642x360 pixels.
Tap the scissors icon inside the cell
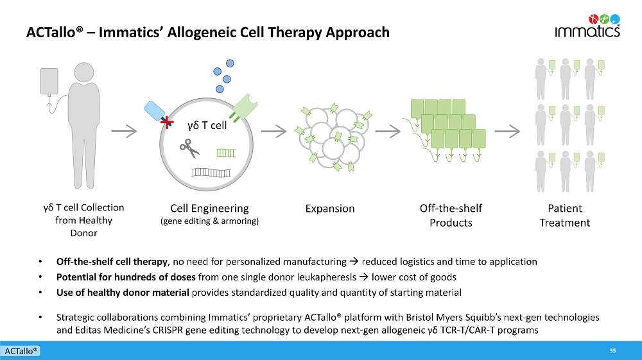(189, 149)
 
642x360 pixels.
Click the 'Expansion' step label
(330, 209)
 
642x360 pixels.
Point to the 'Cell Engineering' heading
(209, 208)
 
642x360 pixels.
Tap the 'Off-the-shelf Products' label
(450, 216)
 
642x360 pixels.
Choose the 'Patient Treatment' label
(564, 216)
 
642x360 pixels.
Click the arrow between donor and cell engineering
(124, 132)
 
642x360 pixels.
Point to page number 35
(612, 350)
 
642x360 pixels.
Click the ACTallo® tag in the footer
(21, 351)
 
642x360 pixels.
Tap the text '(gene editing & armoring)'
(209, 221)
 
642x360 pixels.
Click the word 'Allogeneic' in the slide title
(197, 32)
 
